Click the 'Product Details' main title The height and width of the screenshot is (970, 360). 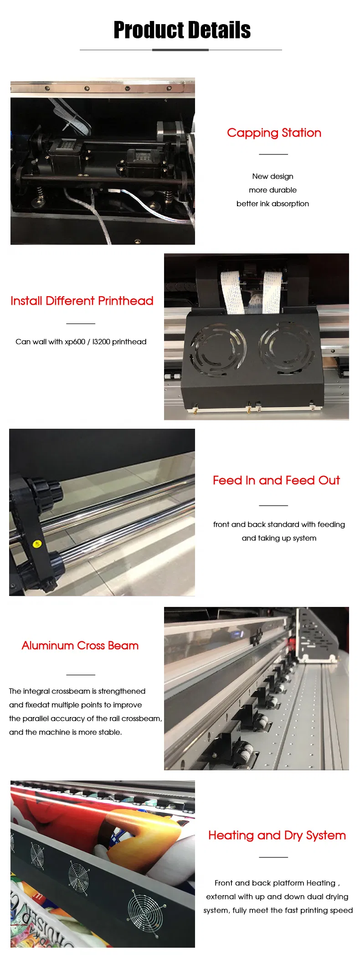coord(182,30)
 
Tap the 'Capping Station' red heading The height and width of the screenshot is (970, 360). coord(274,133)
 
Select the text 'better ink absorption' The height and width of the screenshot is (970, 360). coord(273,204)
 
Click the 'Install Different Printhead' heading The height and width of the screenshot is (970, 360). coord(82,301)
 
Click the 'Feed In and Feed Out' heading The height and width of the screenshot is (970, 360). coord(276,480)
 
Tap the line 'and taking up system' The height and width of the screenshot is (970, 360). coord(279,538)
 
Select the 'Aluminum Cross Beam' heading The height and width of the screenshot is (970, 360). coord(80,646)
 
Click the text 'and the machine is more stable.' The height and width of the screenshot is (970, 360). coord(66,732)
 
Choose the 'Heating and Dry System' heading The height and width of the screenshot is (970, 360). coord(277,835)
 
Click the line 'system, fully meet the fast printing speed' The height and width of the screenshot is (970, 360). coord(278,910)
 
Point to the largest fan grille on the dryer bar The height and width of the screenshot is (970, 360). coord(144,910)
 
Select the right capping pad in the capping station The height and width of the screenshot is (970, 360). coord(143,156)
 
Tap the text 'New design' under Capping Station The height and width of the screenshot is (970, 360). coord(273,176)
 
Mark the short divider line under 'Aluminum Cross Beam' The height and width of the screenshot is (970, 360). coord(81,675)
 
